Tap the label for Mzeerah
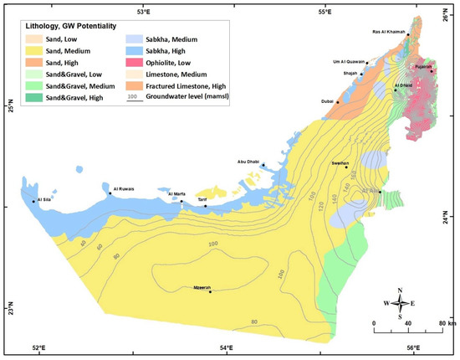click(x=207, y=286)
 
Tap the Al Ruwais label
click(x=123, y=188)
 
